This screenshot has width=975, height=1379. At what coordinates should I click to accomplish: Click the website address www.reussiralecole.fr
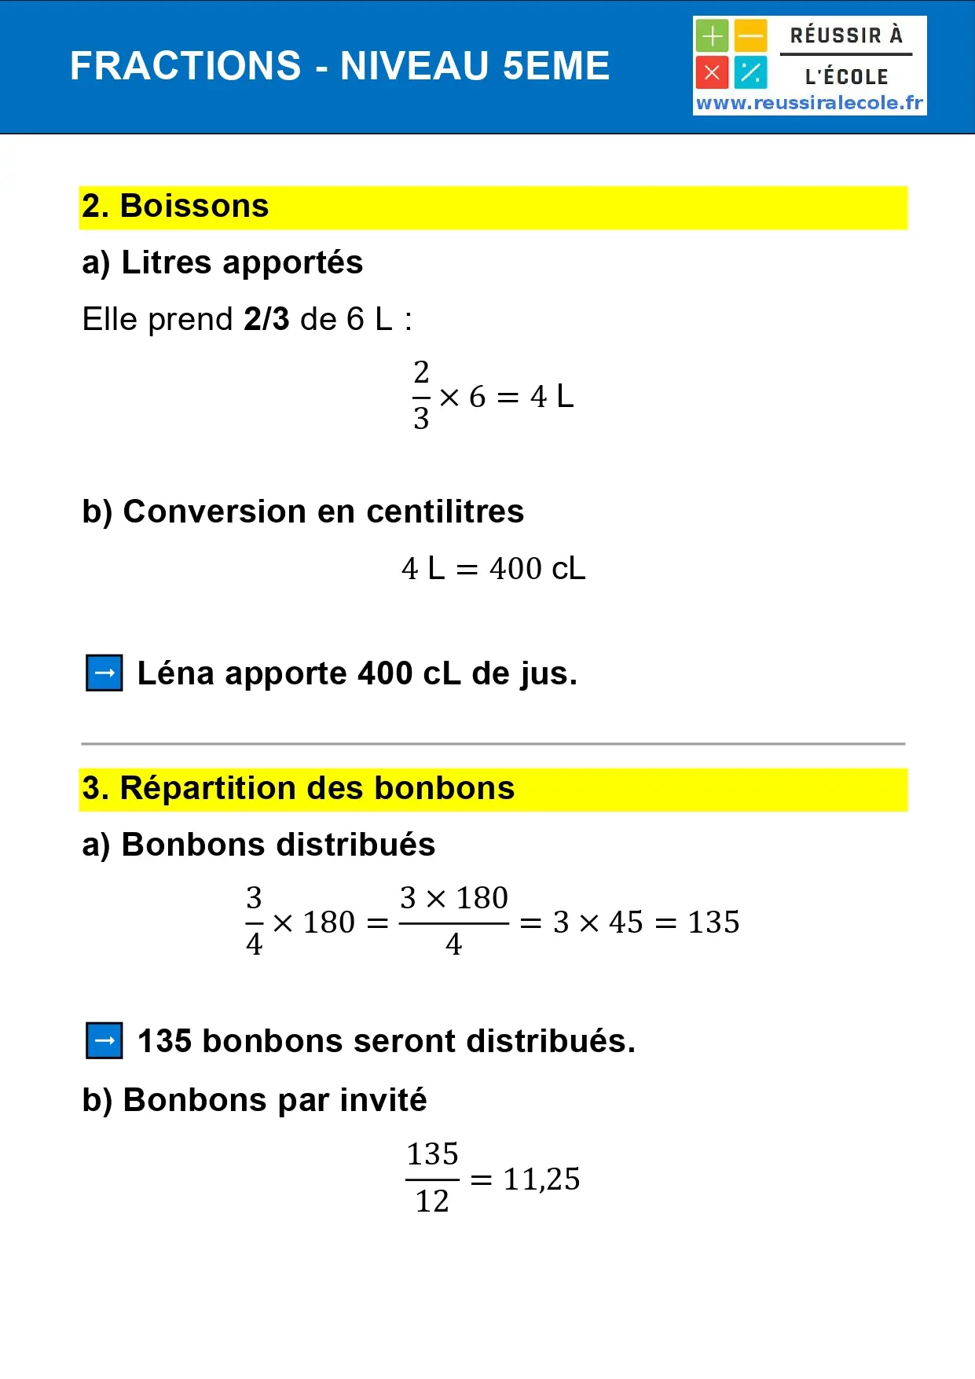(x=809, y=103)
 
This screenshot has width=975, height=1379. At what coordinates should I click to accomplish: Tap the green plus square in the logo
(x=712, y=36)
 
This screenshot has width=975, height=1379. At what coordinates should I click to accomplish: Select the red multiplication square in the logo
(x=712, y=73)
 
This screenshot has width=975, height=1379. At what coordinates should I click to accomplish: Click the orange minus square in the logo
(x=751, y=36)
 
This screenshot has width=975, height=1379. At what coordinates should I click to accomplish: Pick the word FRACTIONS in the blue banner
(x=185, y=66)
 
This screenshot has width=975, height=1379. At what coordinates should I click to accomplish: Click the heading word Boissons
(x=194, y=207)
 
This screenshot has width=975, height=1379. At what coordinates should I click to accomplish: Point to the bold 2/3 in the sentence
(x=266, y=320)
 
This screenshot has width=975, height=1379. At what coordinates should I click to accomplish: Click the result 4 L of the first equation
(x=552, y=397)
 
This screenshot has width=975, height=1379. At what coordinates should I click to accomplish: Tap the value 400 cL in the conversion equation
(x=537, y=569)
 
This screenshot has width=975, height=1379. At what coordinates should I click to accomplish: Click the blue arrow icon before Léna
(x=104, y=673)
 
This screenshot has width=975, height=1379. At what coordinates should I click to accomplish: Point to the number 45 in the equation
(x=626, y=922)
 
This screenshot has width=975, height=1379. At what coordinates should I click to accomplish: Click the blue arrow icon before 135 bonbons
(x=104, y=1041)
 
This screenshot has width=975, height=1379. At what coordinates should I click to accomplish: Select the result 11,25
(x=541, y=1179)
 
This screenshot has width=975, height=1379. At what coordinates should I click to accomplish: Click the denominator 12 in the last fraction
(x=432, y=1201)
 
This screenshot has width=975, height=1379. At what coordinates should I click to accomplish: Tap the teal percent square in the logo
(x=751, y=73)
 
